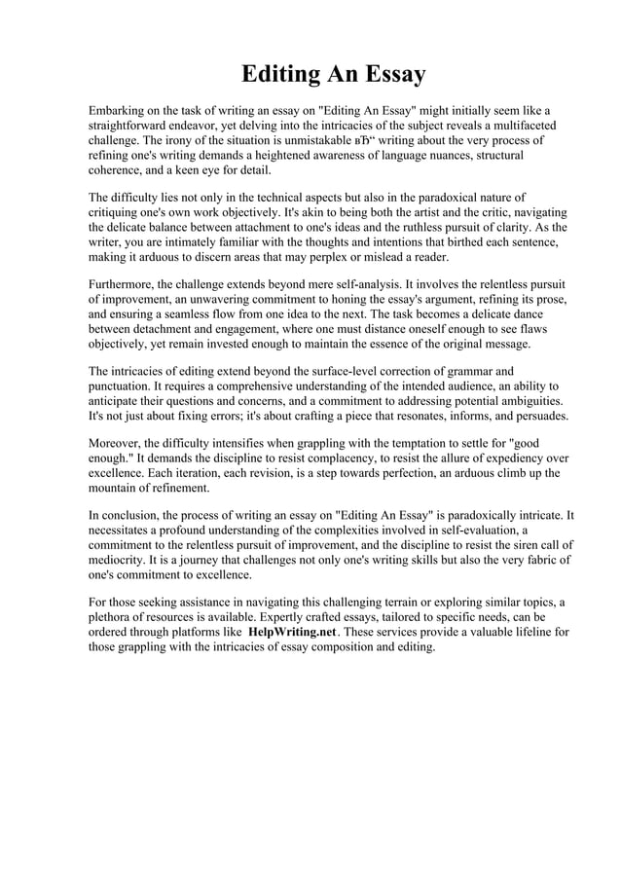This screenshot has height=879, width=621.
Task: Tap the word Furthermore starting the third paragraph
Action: [x=127, y=284]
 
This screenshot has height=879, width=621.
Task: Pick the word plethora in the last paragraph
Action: [x=114, y=617]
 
